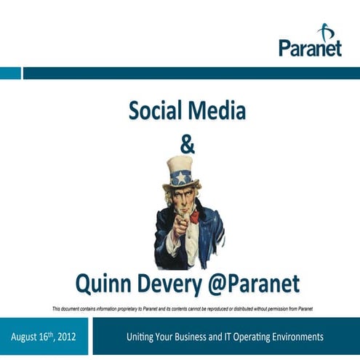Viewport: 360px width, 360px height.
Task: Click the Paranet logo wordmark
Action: click(x=310, y=47)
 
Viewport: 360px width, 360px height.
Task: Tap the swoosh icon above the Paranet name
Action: click(x=325, y=31)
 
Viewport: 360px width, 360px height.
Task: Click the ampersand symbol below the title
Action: click(x=187, y=145)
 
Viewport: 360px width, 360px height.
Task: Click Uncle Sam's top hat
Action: click(x=180, y=172)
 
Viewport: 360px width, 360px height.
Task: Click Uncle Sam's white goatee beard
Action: click(x=192, y=216)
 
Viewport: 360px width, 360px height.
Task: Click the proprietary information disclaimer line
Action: click(x=182, y=308)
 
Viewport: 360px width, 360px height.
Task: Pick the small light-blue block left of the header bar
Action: click(x=10, y=73)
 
